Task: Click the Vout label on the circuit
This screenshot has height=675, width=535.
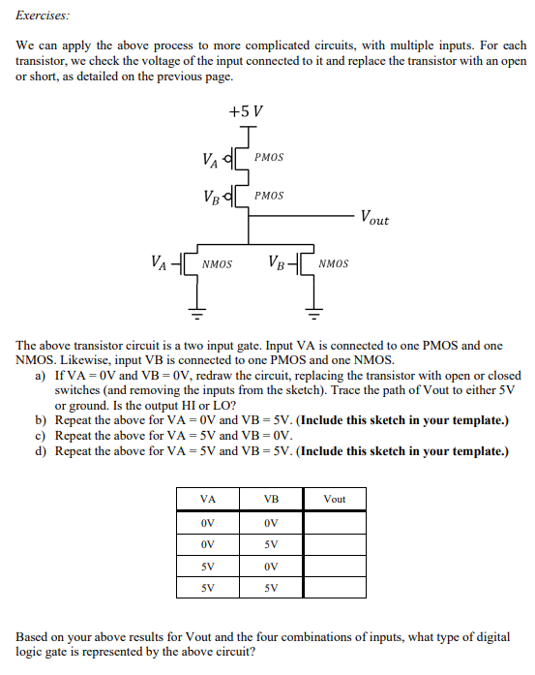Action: pyautogui.click(x=374, y=218)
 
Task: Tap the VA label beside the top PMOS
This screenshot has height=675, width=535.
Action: pyautogui.click(x=209, y=157)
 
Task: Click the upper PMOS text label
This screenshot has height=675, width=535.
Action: pyautogui.click(x=269, y=157)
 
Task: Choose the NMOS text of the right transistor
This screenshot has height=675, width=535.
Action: pyautogui.click(x=334, y=262)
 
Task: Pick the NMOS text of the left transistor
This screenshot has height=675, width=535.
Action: pyautogui.click(x=217, y=262)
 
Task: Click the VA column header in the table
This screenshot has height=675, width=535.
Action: pyautogui.click(x=208, y=500)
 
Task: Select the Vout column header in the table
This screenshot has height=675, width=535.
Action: pyautogui.click(x=335, y=500)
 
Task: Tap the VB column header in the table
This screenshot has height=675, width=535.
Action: pyautogui.click(x=271, y=500)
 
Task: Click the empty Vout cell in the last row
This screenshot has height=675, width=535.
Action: pyautogui.click(x=335, y=587)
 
